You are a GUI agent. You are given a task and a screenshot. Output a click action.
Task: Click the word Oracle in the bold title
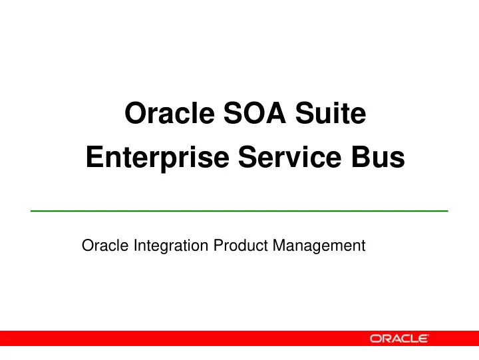pos(170,112)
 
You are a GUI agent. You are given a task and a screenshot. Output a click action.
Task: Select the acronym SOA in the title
pos(255,112)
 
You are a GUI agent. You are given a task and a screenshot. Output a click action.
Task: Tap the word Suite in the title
pos(331,112)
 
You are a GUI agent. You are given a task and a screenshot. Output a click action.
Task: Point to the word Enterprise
pos(158,158)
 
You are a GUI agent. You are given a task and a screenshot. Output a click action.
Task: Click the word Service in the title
pos(289,157)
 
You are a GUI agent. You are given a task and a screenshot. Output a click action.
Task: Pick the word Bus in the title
pos(378,157)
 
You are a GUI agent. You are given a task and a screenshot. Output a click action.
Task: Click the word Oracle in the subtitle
pos(105,246)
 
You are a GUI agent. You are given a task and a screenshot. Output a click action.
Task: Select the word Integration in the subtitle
pos(171,246)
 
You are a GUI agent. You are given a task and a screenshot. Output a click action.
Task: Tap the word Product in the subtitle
pos(240,246)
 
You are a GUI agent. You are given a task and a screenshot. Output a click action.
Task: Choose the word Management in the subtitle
pos(319,246)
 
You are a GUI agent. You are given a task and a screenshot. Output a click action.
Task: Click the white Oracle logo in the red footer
pos(399,339)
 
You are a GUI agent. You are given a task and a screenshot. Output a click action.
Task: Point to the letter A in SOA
pos(275,112)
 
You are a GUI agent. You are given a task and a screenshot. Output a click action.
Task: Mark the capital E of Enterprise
pos(94,157)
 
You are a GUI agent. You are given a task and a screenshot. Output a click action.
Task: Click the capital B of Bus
pos(361,157)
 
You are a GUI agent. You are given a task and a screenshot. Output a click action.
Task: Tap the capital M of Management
pos(279,246)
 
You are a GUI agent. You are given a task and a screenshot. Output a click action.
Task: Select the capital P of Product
pos(218,246)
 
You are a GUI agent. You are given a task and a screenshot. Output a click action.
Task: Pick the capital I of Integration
pos(135,246)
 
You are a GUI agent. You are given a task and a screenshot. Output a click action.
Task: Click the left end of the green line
pos(31,211)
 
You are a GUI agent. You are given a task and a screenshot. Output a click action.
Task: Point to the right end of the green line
pos(448,211)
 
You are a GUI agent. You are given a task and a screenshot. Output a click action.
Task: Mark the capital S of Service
pos(247,157)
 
